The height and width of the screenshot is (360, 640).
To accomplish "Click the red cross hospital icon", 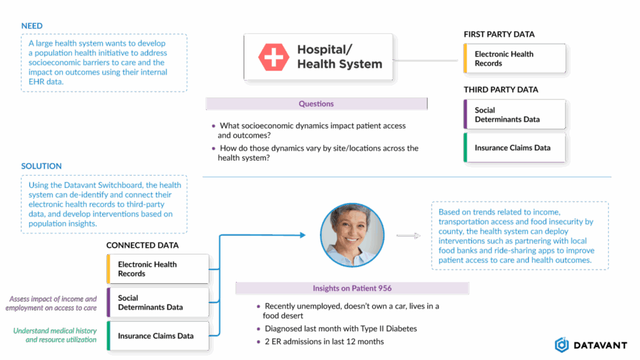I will [x=274, y=57].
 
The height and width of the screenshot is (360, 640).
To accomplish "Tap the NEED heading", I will [x=31, y=26].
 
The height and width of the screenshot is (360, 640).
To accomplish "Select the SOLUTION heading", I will [x=41, y=166].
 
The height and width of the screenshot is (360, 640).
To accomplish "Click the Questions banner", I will [x=316, y=104].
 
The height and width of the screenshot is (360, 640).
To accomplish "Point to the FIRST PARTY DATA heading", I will [x=499, y=34].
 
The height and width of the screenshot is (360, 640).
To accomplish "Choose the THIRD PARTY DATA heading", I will [x=501, y=90].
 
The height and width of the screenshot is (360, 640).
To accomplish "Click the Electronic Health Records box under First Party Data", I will [x=514, y=59].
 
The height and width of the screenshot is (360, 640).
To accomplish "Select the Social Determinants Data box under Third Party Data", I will [x=514, y=115].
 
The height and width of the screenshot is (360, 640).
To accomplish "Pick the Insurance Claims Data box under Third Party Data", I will [x=514, y=148].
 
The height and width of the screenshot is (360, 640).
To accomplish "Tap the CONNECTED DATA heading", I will [x=142, y=246].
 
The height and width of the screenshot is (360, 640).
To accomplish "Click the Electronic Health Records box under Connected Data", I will [x=157, y=269].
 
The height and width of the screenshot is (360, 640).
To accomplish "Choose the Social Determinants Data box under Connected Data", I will [x=157, y=302].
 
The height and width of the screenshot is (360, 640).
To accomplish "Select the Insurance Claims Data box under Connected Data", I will [x=157, y=336].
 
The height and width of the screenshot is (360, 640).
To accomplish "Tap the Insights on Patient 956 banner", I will [x=352, y=288].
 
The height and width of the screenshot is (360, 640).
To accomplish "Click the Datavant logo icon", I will [x=562, y=344].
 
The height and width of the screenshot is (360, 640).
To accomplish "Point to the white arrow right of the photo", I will [x=408, y=236].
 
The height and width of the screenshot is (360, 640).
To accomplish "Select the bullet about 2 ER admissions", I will [x=324, y=342].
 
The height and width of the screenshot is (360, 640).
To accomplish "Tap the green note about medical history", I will [x=55, y=335].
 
